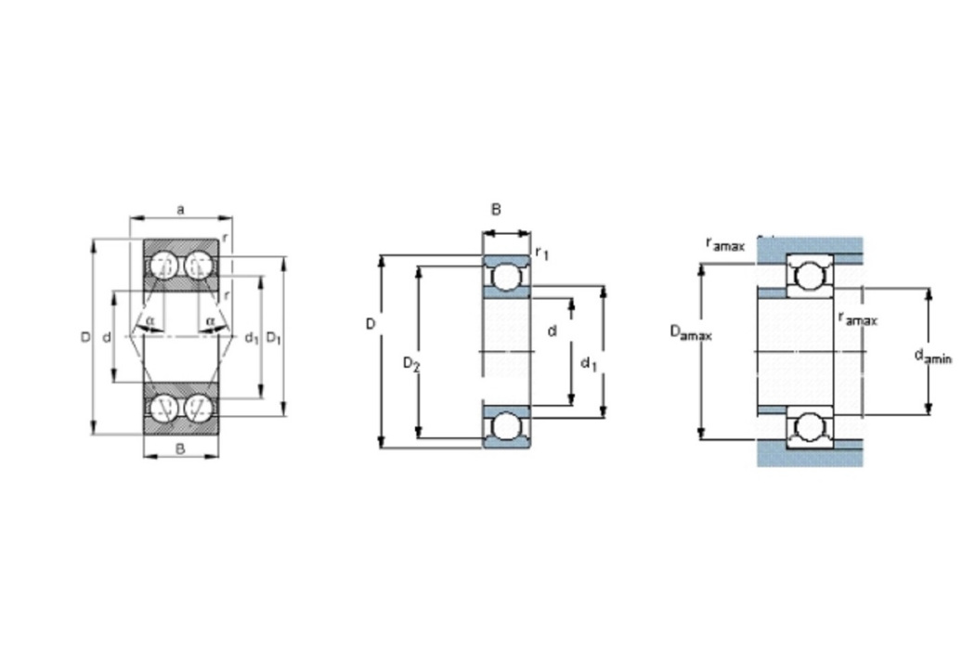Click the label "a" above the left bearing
[x=180, y=210]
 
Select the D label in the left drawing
[x=85, y=337]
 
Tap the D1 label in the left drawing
[x=274, y=338]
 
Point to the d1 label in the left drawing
[x=252, y=338]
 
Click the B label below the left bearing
[x=180, y=448]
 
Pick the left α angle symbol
[x=149, y=321]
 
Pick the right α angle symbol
[x=210, y=321]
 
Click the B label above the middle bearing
[x=496, y=210]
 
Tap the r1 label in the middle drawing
[x=541, y=253]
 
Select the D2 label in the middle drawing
[x=411, y=363]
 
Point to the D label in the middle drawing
[x=370, y=324]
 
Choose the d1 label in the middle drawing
[x=588, y=363]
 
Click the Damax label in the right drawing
[x=690, y=332]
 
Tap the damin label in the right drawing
[x=932, y=357]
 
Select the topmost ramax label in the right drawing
[x=725, y=244]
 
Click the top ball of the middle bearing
[x=505, y=276]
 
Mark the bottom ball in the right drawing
[x=809, y=427]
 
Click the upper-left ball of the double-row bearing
[x=162, y=265]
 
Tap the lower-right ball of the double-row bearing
[x=199, y=408]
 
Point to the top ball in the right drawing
[x=809, y=276]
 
